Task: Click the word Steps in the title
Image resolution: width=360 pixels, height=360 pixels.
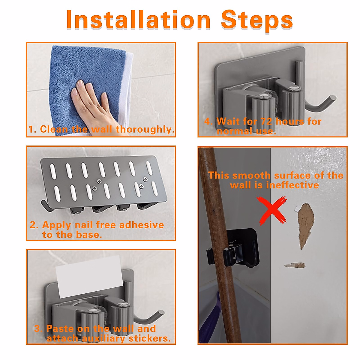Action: (x=257, y=21)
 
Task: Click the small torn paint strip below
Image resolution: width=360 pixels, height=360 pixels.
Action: (x=295, y=265)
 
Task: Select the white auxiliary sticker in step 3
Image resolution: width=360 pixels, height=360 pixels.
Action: (x=89, y=277)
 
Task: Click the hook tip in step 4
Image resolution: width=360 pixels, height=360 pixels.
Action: (x=332, y=98)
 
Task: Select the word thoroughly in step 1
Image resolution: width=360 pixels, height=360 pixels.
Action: (x=145, y=129)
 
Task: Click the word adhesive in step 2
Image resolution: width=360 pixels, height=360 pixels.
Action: (x=141, y=225)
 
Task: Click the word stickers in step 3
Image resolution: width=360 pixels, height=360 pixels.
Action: (x=150, y=338)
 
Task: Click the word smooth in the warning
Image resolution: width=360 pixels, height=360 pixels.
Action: (x=251, y=175)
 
